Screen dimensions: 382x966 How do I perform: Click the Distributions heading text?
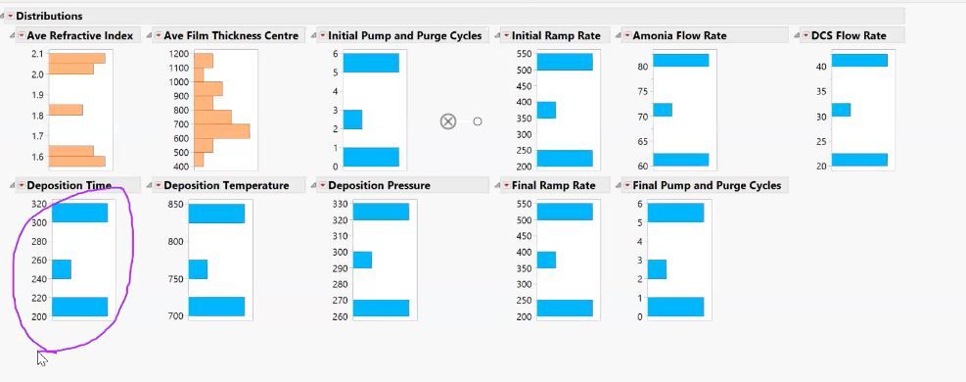coord(49,16)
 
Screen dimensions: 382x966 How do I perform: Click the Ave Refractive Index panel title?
coord(79,35)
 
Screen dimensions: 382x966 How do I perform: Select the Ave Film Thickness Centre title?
coord(231,35)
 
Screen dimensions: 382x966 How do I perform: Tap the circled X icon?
coord(447,121)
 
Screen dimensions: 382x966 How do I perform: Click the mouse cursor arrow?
coord(42,358)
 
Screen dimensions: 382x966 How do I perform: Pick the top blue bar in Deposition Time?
coord(79,213)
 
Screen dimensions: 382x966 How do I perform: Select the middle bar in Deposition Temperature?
coord(198,269)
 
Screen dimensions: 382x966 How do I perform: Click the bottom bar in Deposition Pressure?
coord(381,308)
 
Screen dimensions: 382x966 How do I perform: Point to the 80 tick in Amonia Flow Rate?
coord(642,67)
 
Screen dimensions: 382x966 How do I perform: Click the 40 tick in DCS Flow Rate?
coord(821,67)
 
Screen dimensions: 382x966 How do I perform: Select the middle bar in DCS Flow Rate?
coord(841,110)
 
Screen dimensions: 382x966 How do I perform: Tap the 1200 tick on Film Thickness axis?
coord(177,54)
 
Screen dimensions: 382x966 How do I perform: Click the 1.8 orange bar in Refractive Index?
coord(66,110)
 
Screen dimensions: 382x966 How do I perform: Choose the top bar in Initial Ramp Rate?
coord(565,62)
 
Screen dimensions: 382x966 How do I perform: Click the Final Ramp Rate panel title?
coord(553,185)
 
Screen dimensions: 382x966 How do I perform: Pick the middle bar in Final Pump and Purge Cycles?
coord(657,269)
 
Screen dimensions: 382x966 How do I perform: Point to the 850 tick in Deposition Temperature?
coord(175,204)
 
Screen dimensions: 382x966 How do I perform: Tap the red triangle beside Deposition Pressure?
coord(322,185)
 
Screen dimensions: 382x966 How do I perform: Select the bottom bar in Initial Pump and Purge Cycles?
coord(371,157)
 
